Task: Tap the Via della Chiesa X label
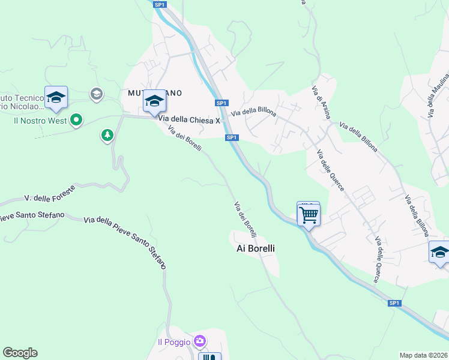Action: (x=190, y=121)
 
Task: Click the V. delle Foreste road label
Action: (x=50, y=193)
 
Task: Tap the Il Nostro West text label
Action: (x=41, y=121)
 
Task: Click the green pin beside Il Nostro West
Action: (x=76, y=121)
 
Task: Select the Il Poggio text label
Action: (x=173, y=342)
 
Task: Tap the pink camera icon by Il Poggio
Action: (x=200, y=341)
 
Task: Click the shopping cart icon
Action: (x=309, y=214)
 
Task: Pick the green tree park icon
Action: (x=107, y=136)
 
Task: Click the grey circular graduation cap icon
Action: (x=96, y=94)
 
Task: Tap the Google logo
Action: (x=20, y=353)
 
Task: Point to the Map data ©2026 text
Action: (x=423, y=355)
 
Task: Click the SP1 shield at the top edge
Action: (x=159, y=4)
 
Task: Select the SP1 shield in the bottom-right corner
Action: (x=394, y=303)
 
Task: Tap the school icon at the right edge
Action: (x=439, y=252)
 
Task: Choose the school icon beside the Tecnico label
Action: (x=56, y=98)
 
